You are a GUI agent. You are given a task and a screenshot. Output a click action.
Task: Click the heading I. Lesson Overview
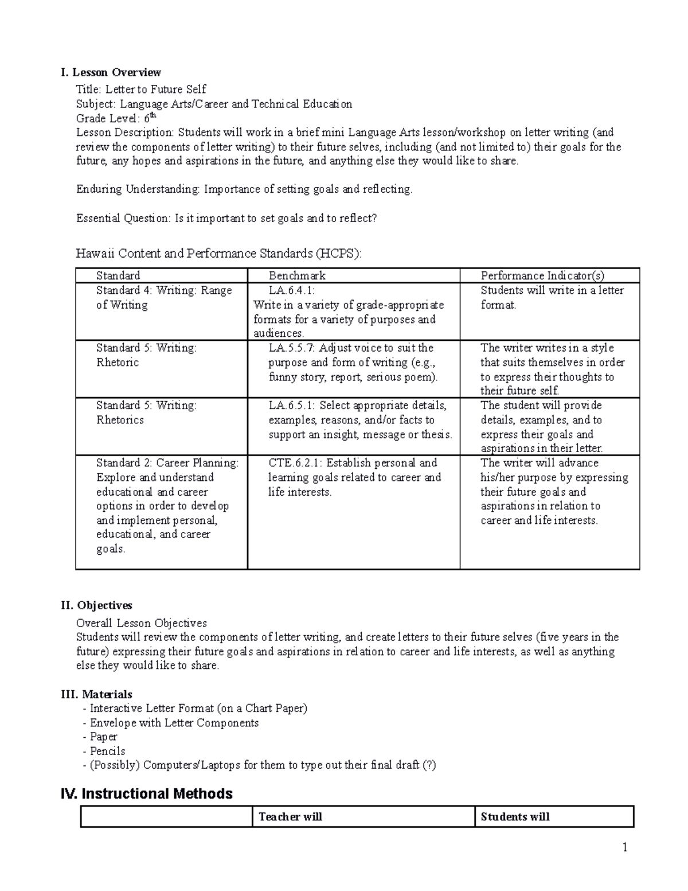(x=111, y=72)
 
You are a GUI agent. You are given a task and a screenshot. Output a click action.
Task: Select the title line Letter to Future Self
(x=141, y=89)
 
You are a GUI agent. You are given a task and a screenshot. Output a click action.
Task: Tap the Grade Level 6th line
(x=116, y=118)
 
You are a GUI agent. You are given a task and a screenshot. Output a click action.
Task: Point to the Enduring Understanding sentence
(x=244, y=189)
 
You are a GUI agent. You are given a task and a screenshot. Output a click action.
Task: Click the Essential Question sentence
(x=226, y=218)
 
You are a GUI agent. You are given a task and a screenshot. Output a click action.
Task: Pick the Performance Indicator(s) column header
(x=542, y=275)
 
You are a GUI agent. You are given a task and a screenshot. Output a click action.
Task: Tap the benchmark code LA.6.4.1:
(x=291, y=290)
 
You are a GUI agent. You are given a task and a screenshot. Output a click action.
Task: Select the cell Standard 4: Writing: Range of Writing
(x=163, y=298)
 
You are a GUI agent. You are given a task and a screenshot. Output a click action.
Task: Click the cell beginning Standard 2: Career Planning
(x=167, y=505)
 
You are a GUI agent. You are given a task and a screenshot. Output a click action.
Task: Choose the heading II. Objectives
(x=96, y=605)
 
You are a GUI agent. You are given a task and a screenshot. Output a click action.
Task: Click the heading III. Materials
(x=96, y=694)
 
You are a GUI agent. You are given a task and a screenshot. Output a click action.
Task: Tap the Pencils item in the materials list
(x=107, y=751)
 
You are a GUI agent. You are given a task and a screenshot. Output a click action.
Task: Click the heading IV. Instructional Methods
(x=147, y=793)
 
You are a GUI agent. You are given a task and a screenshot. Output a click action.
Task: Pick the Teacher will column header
(x=290, y=816)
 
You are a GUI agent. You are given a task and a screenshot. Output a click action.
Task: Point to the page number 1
(x=625, y=847)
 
